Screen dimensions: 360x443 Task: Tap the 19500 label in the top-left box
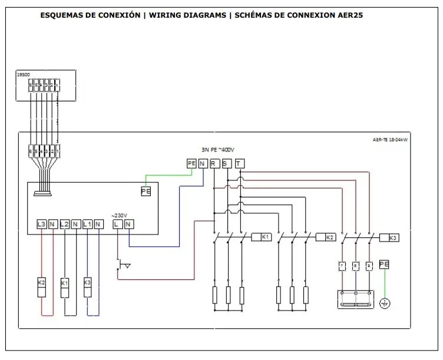[x=24, y=75]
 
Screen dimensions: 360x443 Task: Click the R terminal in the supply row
[x=213, y=163]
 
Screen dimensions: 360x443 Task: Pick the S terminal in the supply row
[x=226, y=163]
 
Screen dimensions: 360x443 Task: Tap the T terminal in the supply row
[x=239, y=163]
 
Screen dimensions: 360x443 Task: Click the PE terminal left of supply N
[x=191, y=163]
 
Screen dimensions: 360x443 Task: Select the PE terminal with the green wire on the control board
[x=146, y=191]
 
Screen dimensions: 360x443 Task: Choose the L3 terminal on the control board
[x=41, y=224]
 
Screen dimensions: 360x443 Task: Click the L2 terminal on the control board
[x=65, y=224]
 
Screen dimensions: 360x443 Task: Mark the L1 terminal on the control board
[x=87, y=224]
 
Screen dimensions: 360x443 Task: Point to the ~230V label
[x=120, y=214]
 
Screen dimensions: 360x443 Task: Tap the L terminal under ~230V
[x=118, y=224]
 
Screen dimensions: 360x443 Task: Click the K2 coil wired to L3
[x=42, y=286]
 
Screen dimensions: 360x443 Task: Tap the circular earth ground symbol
[x=384, y=303]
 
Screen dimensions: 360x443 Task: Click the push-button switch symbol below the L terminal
[x=123, y=265]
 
